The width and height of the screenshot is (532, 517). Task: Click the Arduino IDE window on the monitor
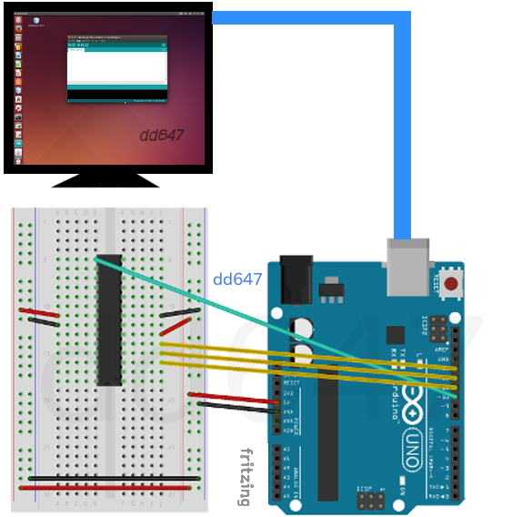pos(117,69)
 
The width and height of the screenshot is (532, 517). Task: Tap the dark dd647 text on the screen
pos(162,136)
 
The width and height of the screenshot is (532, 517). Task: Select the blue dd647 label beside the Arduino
pos(237,279)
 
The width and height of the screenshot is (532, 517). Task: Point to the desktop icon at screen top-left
pos(36,22)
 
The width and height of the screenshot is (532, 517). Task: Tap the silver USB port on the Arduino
pos(407,267)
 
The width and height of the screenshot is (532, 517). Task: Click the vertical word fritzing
pos(245,477)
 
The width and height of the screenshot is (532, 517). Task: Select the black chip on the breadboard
pos(108,319)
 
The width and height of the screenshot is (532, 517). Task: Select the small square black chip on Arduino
pos(396,335)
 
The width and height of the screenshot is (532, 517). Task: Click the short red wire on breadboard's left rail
pos(39,313)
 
